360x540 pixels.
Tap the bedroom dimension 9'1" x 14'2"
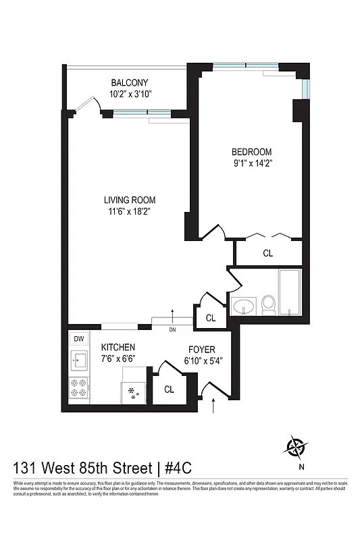252,163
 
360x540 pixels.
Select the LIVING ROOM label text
130,200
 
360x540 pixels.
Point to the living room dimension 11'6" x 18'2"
130,211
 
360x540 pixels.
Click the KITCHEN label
118,347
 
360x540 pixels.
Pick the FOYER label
201,350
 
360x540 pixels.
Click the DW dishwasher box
78,339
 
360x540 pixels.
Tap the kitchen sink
78,360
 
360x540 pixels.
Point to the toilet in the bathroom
268,305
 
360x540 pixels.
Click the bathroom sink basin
243,307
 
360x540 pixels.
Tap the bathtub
290,293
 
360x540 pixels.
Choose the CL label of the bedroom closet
268,253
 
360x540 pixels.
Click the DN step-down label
172,329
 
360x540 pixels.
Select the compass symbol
297,446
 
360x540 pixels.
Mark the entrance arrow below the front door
215,405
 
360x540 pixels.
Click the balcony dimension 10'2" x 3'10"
131,94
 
